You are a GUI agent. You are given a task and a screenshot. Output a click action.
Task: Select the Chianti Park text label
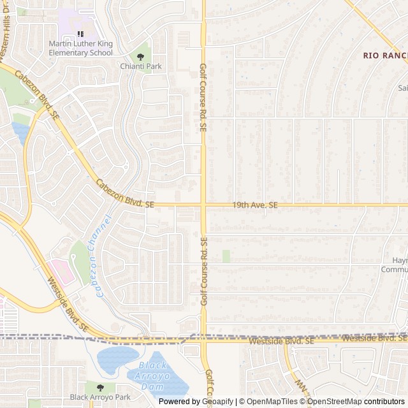[x=141, y=66]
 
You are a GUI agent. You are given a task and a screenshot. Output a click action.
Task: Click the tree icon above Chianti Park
[x=141, y=57]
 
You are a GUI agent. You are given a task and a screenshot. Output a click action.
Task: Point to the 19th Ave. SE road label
[x=255, y=205]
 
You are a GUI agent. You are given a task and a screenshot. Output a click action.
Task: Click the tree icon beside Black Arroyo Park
[x=99, y=386]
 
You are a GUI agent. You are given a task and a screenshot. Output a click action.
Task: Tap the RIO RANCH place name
[x=385, y=55]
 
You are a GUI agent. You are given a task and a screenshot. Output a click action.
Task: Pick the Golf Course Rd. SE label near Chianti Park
[x=203, y=97]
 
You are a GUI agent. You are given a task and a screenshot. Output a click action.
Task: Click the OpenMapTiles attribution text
[x=270, y=402]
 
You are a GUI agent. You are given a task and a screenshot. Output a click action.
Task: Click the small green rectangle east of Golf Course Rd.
[x=226, y=256]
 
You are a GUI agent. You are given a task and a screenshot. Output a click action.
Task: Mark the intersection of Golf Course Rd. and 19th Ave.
[x=203, y=205]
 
